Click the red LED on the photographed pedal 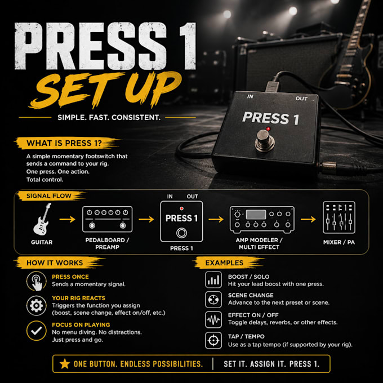coord(268,129)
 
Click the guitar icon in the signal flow coord(42,219)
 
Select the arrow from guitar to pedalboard coord(67,219)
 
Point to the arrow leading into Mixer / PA coord(308,219)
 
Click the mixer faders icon coord(339,217)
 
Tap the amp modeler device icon coord(262,219)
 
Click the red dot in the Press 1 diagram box coord(181,208)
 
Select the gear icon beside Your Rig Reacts coord(37,306)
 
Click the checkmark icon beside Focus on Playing coord(37,331)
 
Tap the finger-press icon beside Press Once coord(37,281)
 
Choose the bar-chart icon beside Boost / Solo coord(213,280)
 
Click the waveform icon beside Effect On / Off coord(213,319)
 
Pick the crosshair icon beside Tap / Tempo coord(213,340)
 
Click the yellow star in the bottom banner coord(65,364)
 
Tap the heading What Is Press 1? coord(64,143)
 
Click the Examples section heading coord(224,263)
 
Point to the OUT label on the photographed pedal coord(301,99)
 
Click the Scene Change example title coord(251,295)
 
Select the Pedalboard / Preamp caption coord(107,243)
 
